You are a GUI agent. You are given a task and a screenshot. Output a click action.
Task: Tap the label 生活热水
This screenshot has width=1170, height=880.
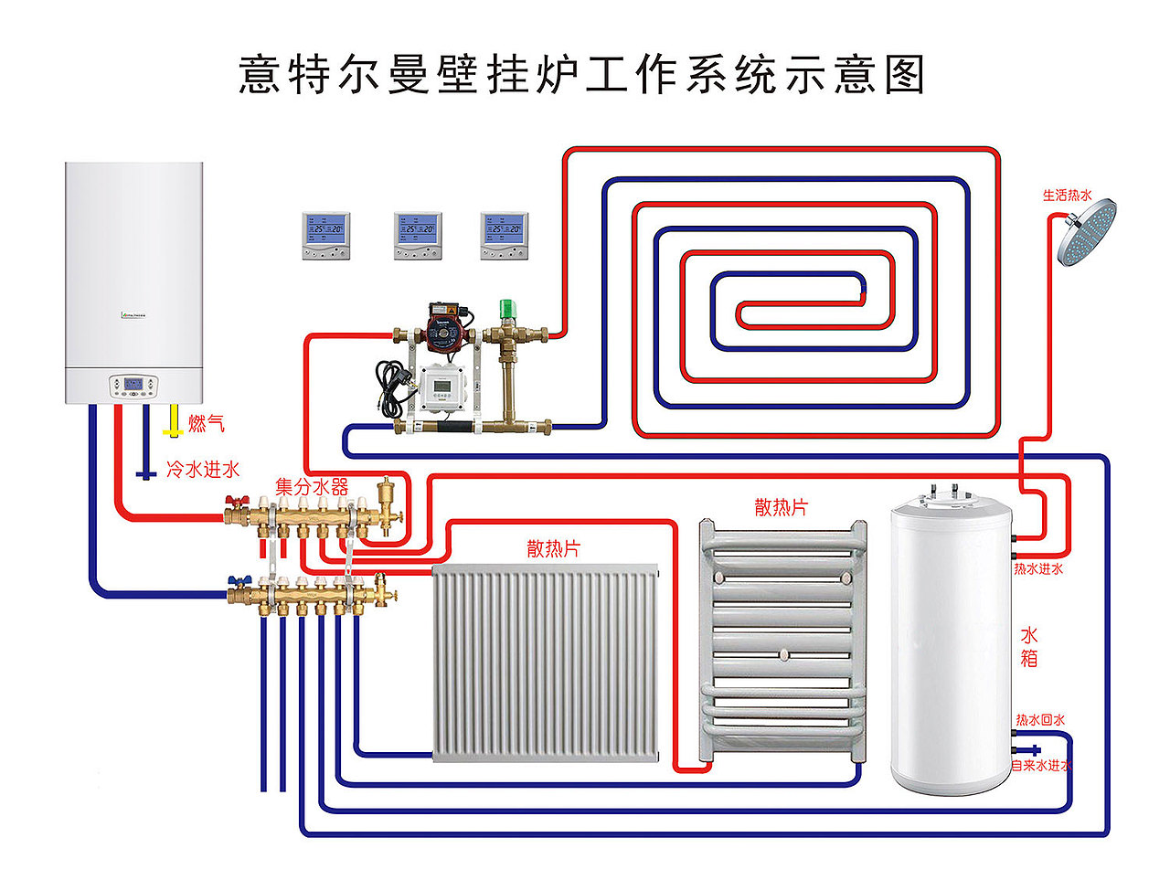click(1067, 195)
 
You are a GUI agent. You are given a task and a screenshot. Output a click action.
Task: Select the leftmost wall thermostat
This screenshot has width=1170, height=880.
click(326, 235)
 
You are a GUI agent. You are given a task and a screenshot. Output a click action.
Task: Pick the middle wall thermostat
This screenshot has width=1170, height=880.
click(418, 235)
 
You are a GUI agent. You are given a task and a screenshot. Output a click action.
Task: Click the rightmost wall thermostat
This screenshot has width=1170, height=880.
click(505, 235)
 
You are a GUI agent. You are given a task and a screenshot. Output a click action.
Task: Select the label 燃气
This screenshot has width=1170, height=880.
click(206, 423)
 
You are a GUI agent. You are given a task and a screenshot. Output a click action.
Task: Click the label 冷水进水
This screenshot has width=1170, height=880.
click(202, 470)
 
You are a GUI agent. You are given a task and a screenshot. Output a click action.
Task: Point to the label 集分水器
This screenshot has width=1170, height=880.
click(312, 486)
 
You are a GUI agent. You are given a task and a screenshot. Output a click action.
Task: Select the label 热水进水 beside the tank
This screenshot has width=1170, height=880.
click(1037, 568)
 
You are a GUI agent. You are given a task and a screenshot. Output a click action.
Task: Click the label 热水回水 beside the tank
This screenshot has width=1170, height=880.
click(1039, 720)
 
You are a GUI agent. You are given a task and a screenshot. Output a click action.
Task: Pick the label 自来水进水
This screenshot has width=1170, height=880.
click(1041, 766)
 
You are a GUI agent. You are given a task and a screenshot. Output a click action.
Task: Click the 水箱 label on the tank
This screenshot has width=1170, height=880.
click(1028, 646)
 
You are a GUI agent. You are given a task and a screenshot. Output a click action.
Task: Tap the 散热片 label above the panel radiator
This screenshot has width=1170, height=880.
click(553, 548)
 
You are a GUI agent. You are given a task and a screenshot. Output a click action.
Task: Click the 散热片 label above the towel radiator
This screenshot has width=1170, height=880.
click(781, 507)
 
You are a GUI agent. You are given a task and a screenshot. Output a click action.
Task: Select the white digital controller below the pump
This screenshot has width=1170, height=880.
click(442, 387)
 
